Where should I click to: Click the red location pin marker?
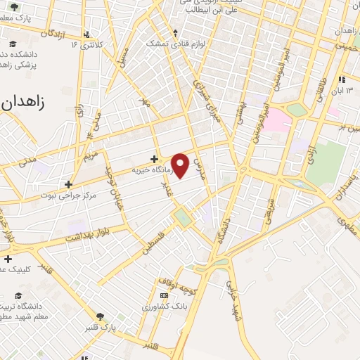181,165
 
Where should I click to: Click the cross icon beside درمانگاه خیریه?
154,159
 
